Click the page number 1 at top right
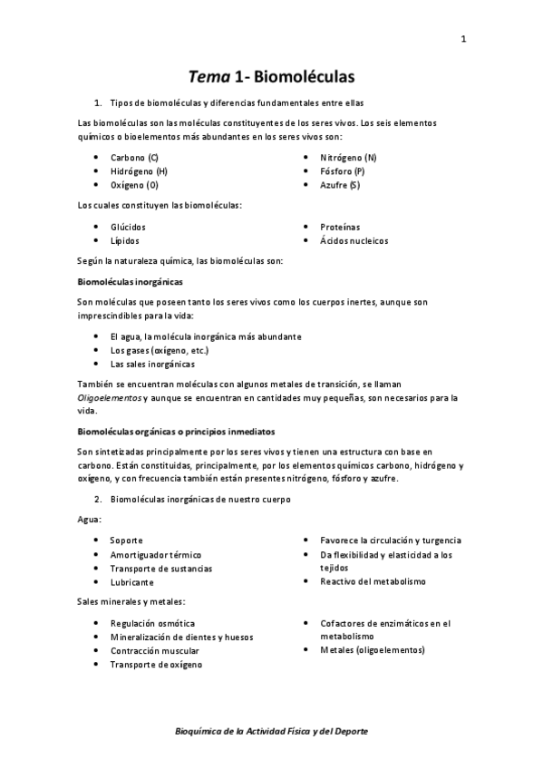[x=462, y=39]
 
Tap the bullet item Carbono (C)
[x=134, y=158]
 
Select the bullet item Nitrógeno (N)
[x=348, y=158]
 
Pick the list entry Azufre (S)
[x=340, y=185]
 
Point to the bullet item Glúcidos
[x=128, y=227]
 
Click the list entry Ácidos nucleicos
[x=354, y=240]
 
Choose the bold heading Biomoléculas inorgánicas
[x=131, y=282]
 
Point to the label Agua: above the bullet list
[x=90, y=519]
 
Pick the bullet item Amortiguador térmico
[x=156, y=554]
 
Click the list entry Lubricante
[x=132, y=582]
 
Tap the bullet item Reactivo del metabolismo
[x=373, y=581]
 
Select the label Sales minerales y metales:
[x=131, y=602]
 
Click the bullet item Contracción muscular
[x=155, y=650]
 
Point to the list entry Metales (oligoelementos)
[x=372, y=650]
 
